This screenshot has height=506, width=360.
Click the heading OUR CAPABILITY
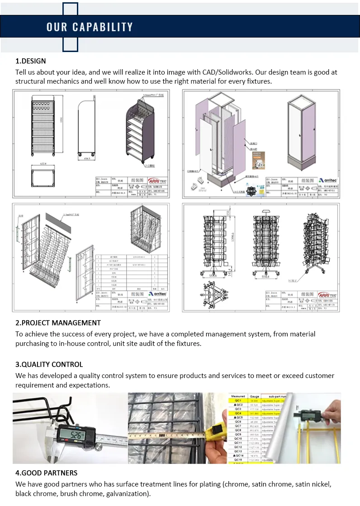[90, 27]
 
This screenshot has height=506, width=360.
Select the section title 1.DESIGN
[31, 61]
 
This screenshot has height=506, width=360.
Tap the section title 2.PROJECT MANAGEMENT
[58, 323]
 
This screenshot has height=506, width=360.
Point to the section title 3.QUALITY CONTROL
[49, 364]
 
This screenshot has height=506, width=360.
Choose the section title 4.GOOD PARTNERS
[47, 473]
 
